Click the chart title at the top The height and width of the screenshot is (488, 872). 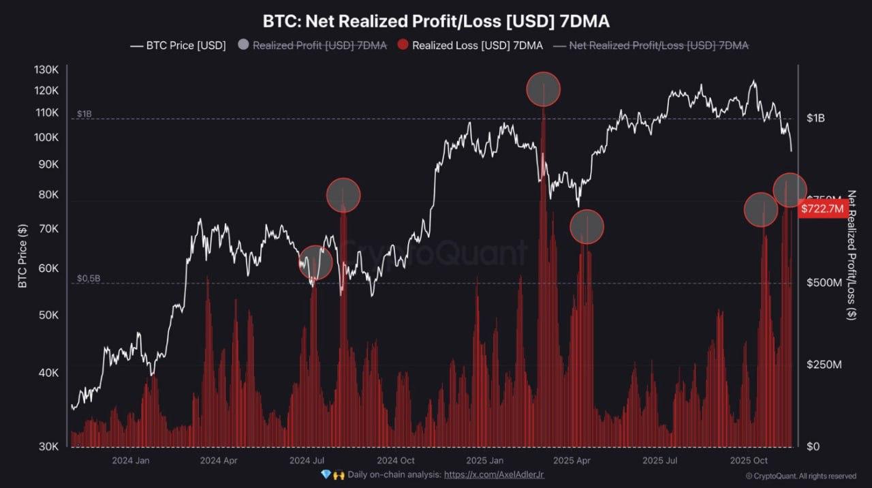[x=436, y=21]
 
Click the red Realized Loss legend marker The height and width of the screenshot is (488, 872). [x=403, y=46]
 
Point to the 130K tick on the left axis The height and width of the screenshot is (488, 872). [x=46, y=70]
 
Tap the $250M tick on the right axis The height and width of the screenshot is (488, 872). [x=824, y=365]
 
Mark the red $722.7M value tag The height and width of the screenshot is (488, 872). [x=822, y=209]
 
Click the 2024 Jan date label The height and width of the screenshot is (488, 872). [x=130, y=461]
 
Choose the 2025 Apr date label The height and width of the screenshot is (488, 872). [x=572, y=461]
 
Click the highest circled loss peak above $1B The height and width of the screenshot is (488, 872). [x=544, y=89]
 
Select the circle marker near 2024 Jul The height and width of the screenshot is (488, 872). [x=315, y=262]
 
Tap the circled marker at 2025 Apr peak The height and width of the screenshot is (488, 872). [x=587, y=227]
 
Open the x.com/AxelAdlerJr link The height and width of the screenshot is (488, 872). [x=494, y=474]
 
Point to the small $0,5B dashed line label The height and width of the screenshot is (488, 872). [x=89, y=278]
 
